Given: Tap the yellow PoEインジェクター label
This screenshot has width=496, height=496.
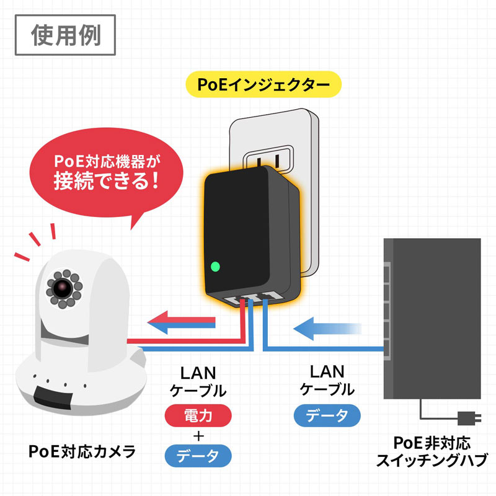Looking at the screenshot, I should click(x=263, y=84).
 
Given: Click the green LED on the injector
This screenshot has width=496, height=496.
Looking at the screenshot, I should click(x=215, y=268).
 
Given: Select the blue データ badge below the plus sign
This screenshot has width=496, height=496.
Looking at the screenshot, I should click(x=198, y=457).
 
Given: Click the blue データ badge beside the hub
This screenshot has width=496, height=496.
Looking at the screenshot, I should click(x=327, y=415).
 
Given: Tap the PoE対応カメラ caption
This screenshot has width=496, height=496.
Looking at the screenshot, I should click(x=82, y=451).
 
